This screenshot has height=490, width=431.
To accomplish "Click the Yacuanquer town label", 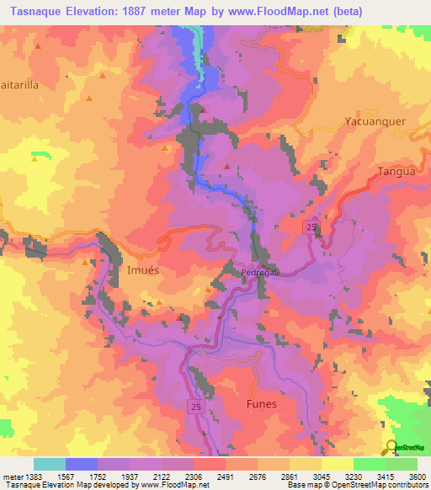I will (x=375, y=120).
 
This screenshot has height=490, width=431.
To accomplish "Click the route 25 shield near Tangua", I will (x=310, y=229).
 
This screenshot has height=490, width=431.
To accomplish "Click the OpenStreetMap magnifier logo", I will (x=391, y=448).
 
